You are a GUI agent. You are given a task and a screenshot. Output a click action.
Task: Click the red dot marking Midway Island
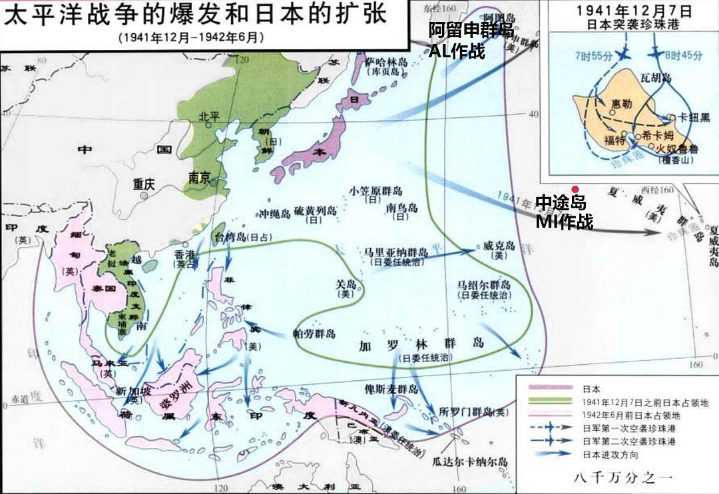[575, 189]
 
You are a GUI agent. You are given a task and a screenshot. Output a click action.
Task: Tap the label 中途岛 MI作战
[565, 211]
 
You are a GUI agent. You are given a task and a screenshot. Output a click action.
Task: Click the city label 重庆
[143, 184]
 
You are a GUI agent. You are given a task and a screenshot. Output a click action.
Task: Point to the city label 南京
[200, 178]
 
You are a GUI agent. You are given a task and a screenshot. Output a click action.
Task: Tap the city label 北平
[209, 115]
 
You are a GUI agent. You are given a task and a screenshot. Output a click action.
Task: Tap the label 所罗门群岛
[469, 411]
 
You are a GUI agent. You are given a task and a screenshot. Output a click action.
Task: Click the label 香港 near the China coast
[186, 254]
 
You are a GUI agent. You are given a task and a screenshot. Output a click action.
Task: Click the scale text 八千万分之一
[618, 477]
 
